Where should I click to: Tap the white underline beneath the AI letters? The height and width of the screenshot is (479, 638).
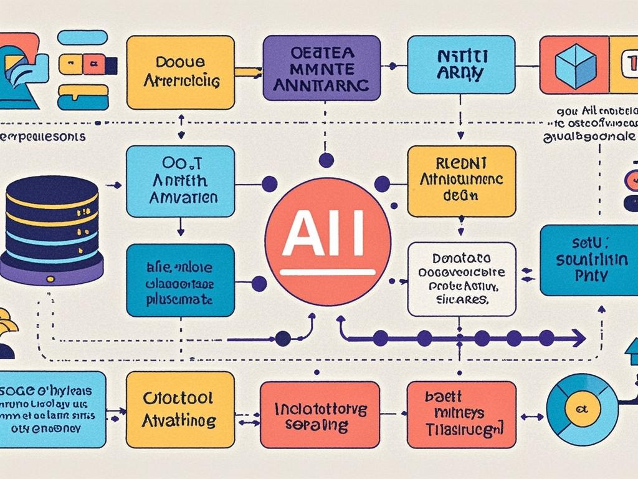click(328, 272)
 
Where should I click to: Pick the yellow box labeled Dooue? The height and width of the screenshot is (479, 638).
click(180, 72)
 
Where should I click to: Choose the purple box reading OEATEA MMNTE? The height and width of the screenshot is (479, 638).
click(321, 68)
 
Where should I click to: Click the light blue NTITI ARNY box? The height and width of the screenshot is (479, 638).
click(460, 64)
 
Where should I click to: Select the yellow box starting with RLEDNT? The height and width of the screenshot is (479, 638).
click(462, 181)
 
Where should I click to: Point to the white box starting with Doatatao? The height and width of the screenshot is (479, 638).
click(462, 279)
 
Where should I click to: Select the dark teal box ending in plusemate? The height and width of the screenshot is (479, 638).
click(180, 280)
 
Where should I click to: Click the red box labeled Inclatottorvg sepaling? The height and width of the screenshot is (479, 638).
click(320, 415)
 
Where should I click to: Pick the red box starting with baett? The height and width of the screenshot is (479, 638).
click(462, 415)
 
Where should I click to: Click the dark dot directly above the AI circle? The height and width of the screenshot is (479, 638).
click(326, 160)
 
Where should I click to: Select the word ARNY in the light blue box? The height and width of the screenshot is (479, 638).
click(460, 74)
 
